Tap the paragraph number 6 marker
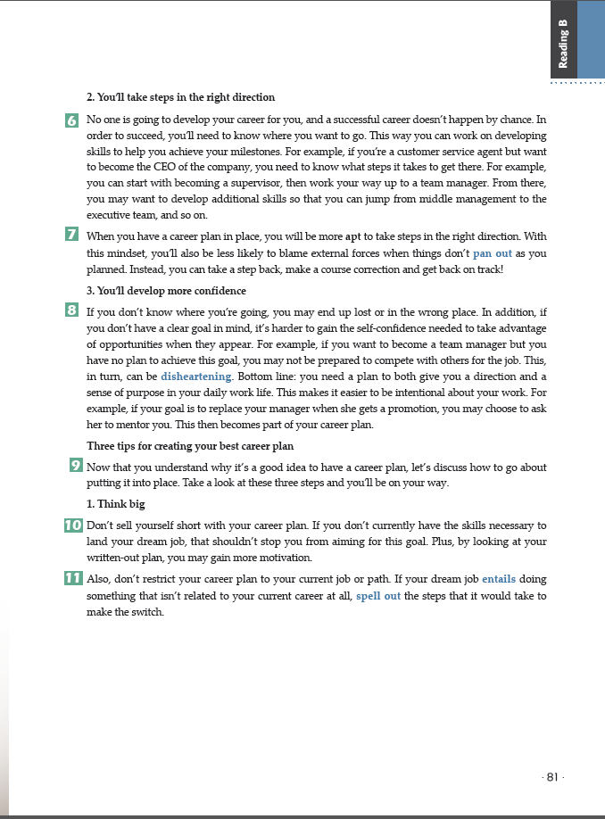click(x=71, y=120)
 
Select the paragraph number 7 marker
click(x=71, y=235)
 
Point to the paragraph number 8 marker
click(x=71, y=310)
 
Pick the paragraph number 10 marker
click(x=73, y=525)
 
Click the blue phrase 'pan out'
click(x=493, y=252)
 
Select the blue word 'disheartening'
click(x=196, y=376)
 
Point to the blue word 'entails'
click(x=499, y=579)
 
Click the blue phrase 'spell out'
click(x=378, y=595)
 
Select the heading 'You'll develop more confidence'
click(x=166, y=291)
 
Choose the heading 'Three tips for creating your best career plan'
click(x=190, y=445)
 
